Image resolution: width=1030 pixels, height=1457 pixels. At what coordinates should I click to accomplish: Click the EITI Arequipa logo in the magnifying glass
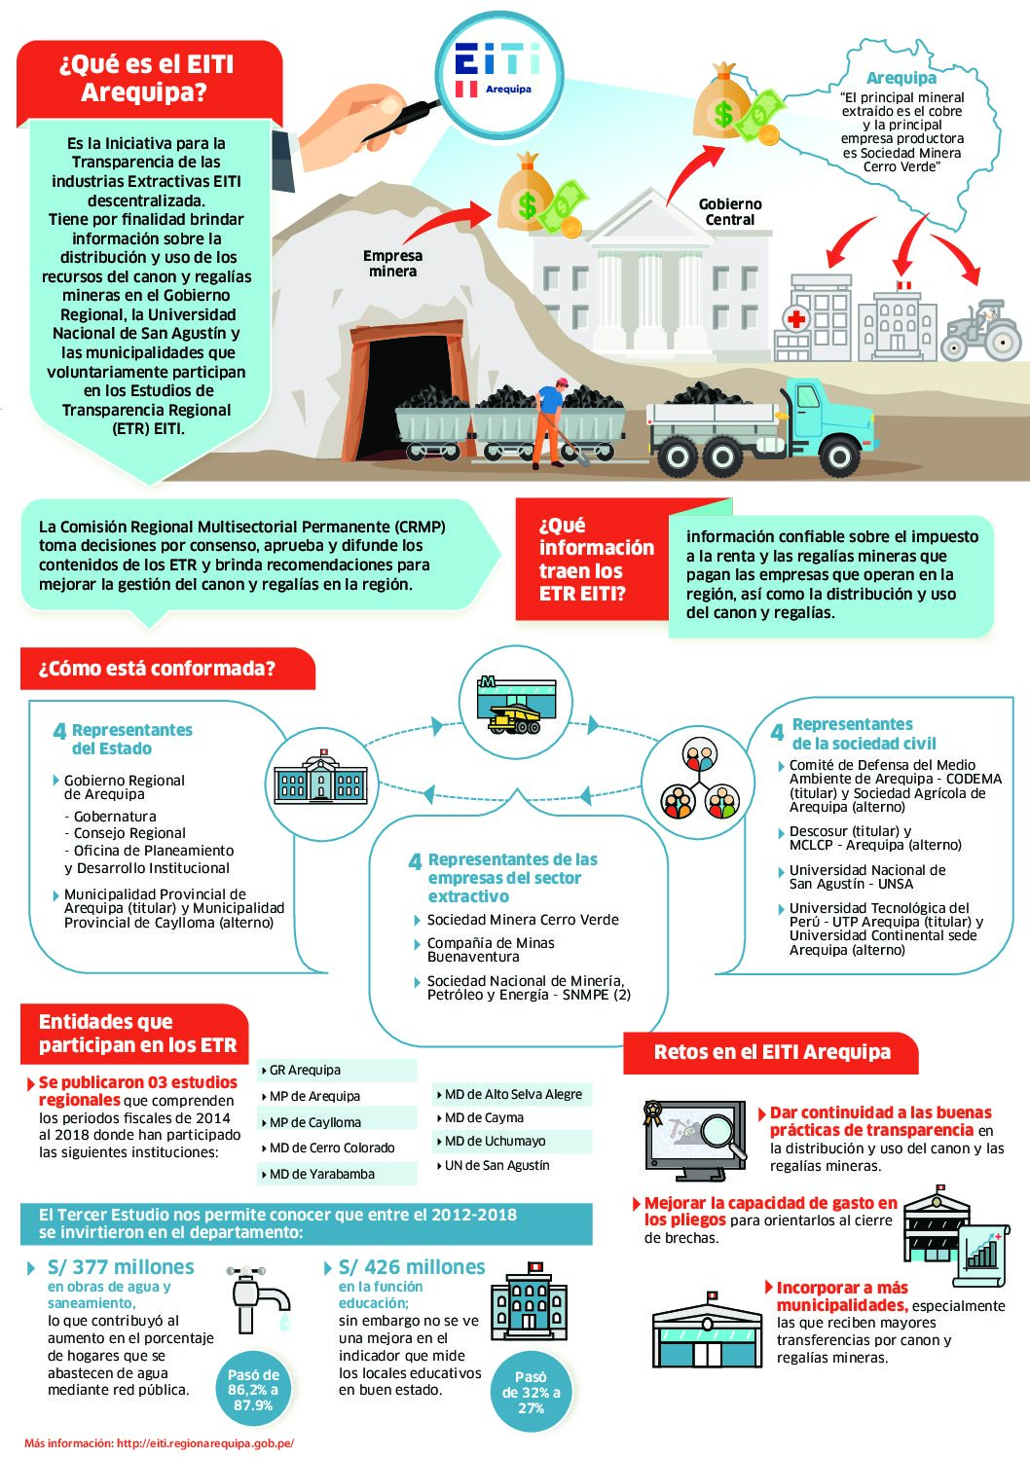(x=497, y=70)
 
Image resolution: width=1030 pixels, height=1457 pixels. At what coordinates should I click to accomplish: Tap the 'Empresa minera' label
(x=392, y=264)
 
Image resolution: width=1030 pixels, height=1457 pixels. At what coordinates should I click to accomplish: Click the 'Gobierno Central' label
(x=730, y=212)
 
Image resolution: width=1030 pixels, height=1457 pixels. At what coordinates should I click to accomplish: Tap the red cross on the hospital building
(x=795, y=319)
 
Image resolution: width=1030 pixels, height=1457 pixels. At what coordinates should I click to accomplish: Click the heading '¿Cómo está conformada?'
(x=157, y=669)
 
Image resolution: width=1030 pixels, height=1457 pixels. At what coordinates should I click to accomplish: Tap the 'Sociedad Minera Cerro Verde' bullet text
(x=523, y=920)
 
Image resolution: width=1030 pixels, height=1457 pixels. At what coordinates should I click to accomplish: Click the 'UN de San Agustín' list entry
(x=497, y=1166)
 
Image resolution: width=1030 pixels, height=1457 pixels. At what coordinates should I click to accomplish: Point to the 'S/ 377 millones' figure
(x=121, y=1267)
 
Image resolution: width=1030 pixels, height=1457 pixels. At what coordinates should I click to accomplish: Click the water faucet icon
(x=258, y=1298)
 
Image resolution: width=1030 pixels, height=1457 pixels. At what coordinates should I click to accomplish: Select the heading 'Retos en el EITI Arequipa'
(x=772, y=1052)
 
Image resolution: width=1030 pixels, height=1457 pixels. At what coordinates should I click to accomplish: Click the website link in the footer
(x=160, y=1443)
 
